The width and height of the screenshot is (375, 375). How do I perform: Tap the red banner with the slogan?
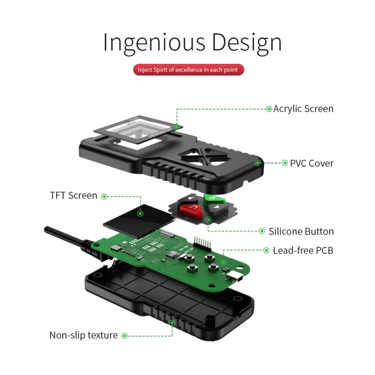pos(188,70)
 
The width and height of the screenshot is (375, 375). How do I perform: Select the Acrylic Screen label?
pos(303,109)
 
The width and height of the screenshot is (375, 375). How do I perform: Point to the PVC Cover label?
pos(311,163)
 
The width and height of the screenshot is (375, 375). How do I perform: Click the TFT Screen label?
pos(73,195)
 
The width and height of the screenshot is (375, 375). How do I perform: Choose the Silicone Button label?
pos(301,231)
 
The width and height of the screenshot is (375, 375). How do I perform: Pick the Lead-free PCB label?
pos(303,250)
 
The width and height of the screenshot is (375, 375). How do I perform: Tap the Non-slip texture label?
pos(83,335)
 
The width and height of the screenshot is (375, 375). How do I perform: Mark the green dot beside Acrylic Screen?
pos(269,109)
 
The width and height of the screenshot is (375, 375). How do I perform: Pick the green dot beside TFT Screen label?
pos(105,196)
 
